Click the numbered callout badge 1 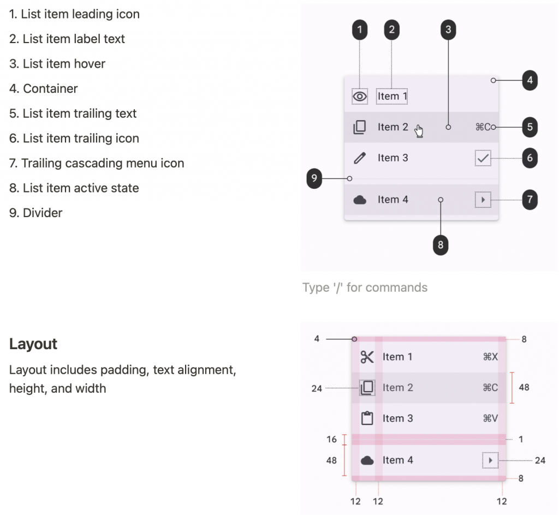[359, 29]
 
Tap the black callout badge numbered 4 [530, 80]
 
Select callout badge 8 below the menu [441, 245]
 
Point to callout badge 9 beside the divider [314, 178]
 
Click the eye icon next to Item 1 [360, 96]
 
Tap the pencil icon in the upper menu [359, 158]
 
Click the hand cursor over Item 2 [419, 131]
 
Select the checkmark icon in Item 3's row [483, 158]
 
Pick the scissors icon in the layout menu [367, 357]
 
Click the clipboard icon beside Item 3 [367, 418]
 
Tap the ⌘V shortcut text [490, 418]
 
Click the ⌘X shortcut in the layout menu [490, 357]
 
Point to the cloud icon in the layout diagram [367, 460]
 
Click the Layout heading [33, 344]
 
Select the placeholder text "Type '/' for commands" [365, 287]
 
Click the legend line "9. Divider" [35, 213]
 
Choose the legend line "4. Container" [44, 88]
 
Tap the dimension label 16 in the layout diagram [331, 439]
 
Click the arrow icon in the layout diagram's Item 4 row [491, 460]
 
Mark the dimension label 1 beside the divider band [521, 439]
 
